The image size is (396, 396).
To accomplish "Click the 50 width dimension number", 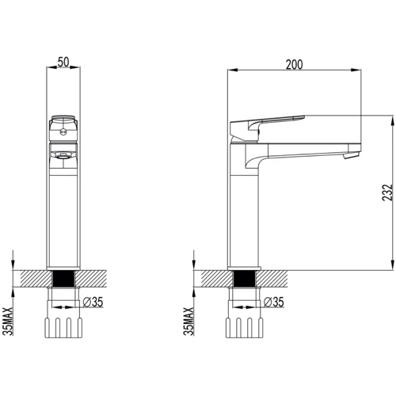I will pyautogui.click(x=65, y=60).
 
